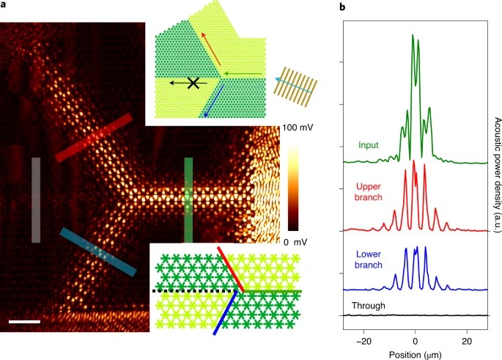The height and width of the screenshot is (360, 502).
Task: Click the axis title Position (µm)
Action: pos(415,354)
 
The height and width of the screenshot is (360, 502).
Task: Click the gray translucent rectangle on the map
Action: pos(35,188)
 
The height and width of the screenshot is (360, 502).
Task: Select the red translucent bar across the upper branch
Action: pos(94,137)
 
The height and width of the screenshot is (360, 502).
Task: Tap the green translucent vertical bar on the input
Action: pos(188,199)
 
